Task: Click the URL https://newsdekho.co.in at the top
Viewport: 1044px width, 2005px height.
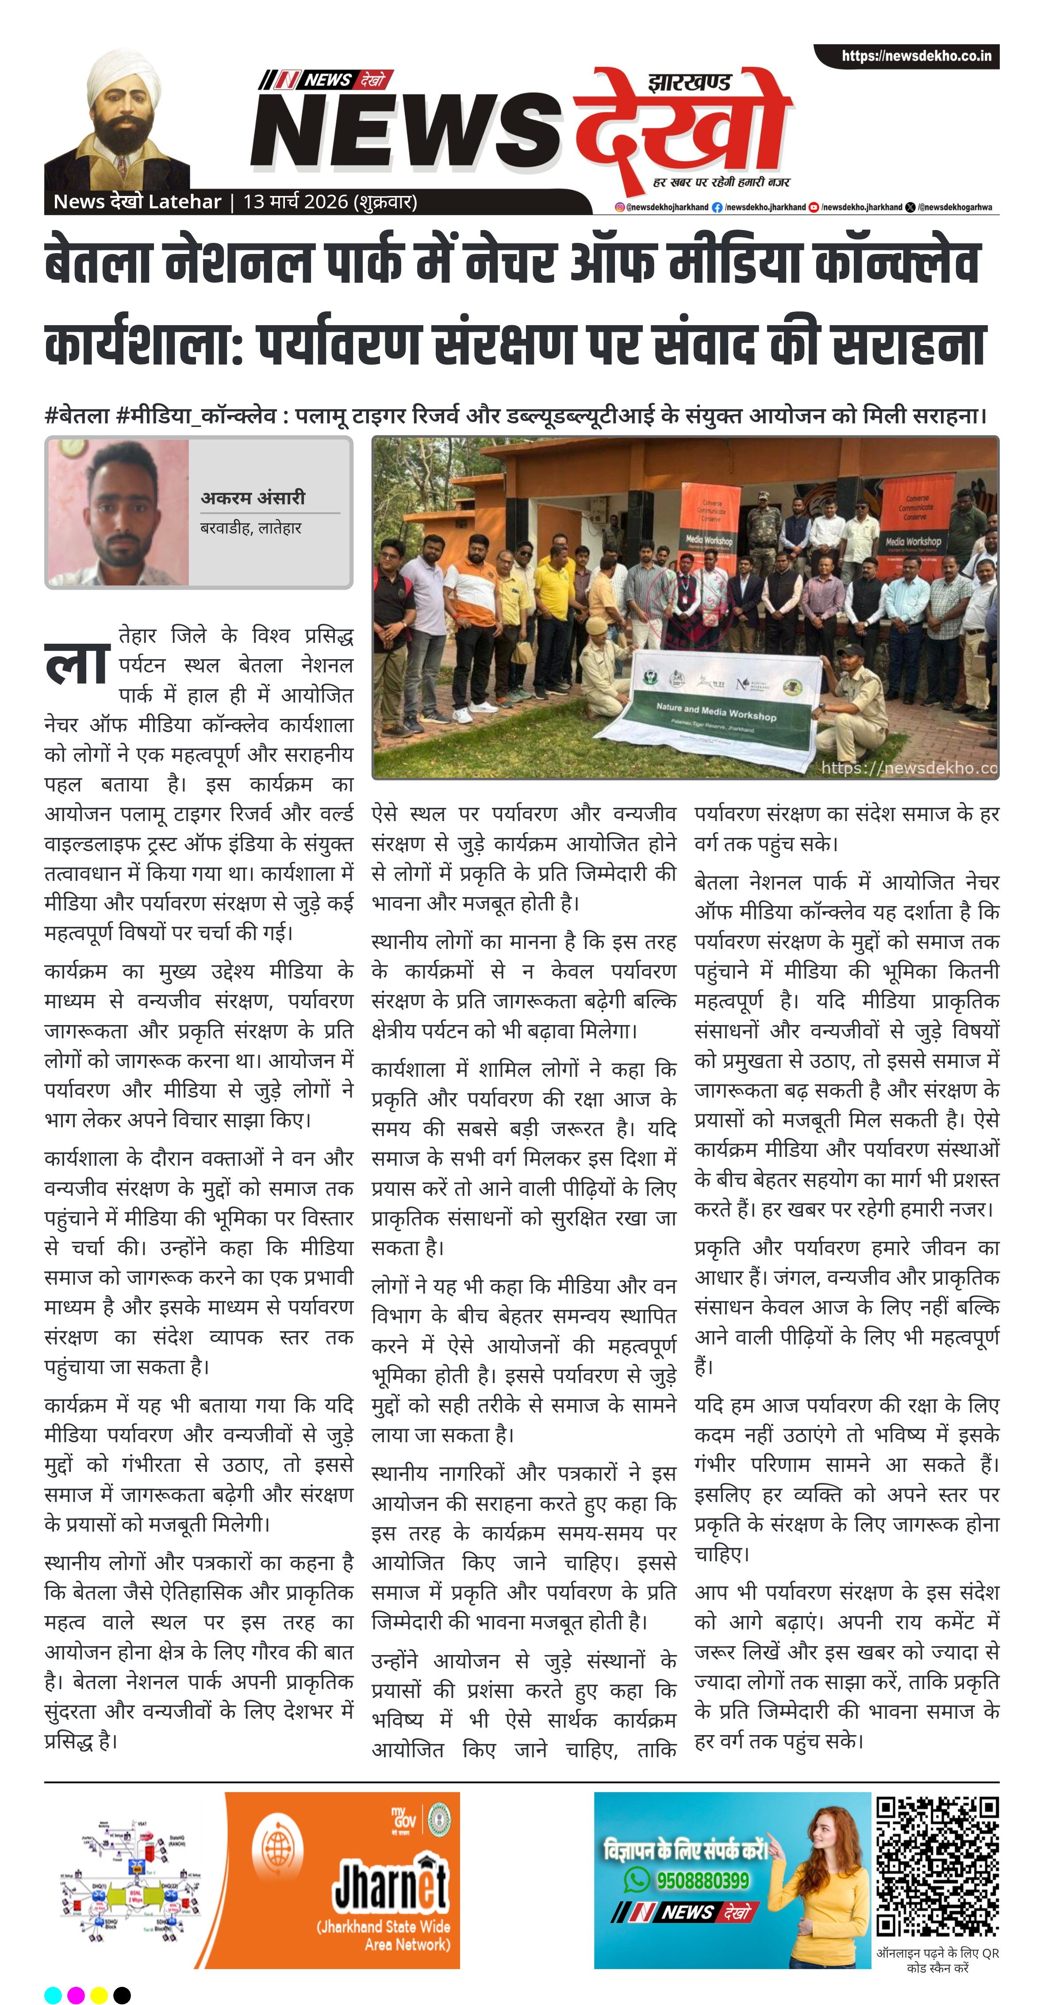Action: pyautogui.click(x=916, y=56)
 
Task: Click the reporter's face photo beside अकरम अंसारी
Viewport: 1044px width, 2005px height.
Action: pyautogui.click(x=119, y=512)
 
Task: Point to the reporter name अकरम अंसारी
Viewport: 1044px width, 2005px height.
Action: pyautogui.click(x=253, y=497)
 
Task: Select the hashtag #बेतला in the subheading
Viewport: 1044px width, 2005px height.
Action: pyautogui.click(x=76, y=415)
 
